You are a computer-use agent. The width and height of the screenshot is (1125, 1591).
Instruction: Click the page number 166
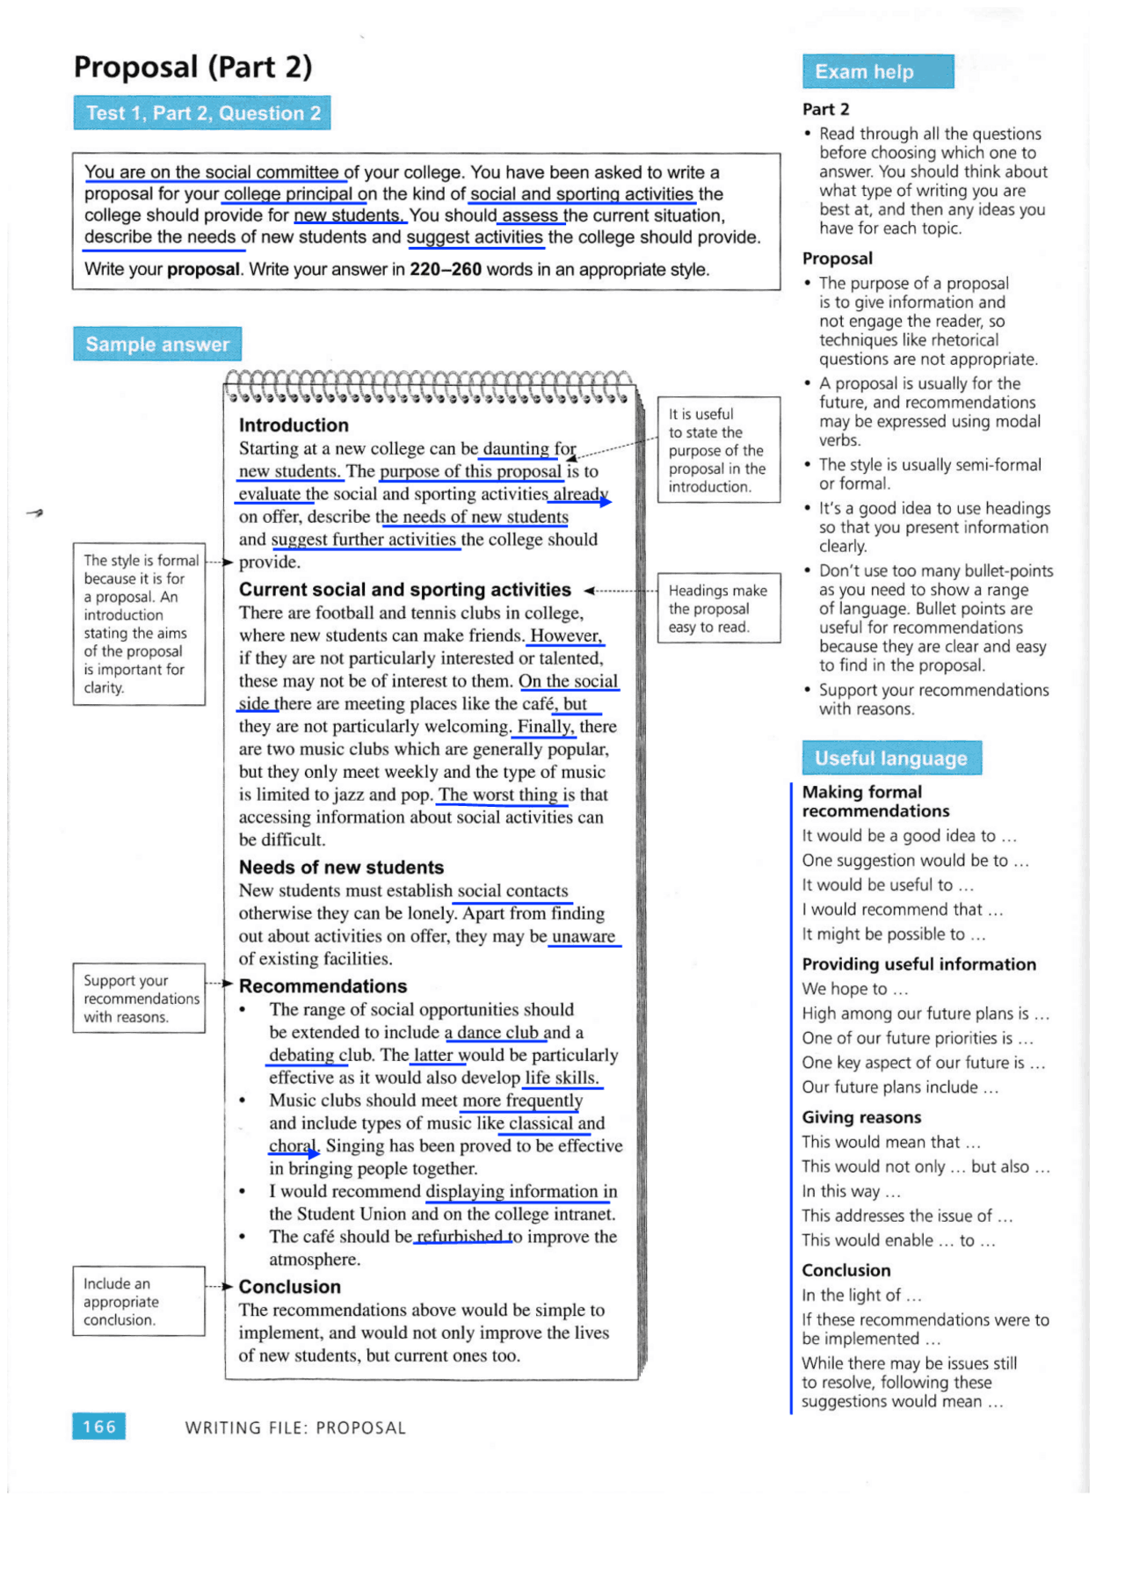pyautogui.click(x=98, y=1426)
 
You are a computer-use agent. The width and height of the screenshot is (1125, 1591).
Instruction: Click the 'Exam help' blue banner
pyautogui.click(x=876, y=72)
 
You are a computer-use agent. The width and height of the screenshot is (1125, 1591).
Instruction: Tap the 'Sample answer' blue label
pyautogui.click(x=157, y=345)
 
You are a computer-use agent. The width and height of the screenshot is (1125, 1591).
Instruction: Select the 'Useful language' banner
pyautogui.click(x=890, y=758)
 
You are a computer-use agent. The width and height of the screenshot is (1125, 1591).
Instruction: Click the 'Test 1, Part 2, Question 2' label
pyautogui.click(x=202, y=113)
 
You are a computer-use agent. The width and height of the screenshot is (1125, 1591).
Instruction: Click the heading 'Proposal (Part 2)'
pyautogui.click(x=192, y=67)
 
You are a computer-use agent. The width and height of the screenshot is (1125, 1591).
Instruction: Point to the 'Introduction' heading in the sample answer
pyautogui.click(x=294, y=425)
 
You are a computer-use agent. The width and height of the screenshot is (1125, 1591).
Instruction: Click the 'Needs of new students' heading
pyautogui.click(x=341, y=867)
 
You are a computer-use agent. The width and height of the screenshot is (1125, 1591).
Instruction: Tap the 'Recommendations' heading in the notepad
pyautogui.click(x=323, y=985)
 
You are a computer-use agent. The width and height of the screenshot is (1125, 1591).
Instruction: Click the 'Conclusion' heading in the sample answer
pyautogui.click(x=289, y=1286)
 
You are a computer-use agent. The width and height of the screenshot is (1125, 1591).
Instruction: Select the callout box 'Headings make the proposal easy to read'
pyautogui.click(x=718, y=608)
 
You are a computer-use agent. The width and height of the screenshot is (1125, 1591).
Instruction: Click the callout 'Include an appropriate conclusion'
pyautogui.click(x=139, y=1301)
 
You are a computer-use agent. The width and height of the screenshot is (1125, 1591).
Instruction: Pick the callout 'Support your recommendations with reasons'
pyautogui.click(x=139, y=998)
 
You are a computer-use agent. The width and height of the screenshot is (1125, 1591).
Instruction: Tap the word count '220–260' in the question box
pyautogui.click(x=445, y=269)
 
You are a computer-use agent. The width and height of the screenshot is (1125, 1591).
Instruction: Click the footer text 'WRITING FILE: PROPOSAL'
pyautogui.click(x=295, y=1428)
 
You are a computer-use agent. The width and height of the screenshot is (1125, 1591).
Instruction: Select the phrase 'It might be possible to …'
pyautogui.click(x=892, y=934)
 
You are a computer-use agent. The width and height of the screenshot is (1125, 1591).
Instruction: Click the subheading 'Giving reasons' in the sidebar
pyautogui.click(x=861, y=1117)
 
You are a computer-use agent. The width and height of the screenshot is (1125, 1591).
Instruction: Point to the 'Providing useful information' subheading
pyautogui.click(x=918, y=964)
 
